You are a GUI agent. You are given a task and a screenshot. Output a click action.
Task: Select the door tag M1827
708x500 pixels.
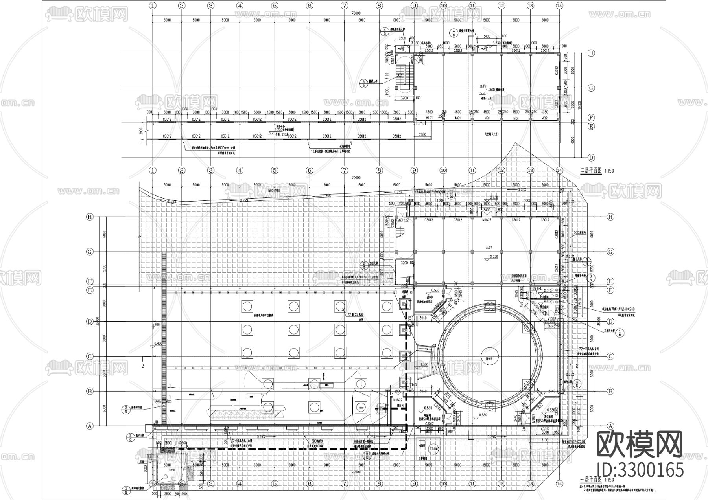pyautogui.click(x=487, y=220)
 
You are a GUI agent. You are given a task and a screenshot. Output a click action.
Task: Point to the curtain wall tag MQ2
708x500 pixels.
pyautogui.click(x=544, y=118)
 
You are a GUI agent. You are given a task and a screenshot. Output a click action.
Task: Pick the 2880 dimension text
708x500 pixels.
pyautogui.click(x=422, y=135)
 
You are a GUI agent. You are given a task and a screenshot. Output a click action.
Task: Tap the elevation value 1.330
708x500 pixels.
pyautogui.click(x=424, y=365)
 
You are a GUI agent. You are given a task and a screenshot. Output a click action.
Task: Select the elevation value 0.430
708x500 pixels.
pyautogui.click(x=158, y=343)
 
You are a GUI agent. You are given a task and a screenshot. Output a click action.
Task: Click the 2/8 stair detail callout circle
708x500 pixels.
pyautogui.click(x=363, y=83)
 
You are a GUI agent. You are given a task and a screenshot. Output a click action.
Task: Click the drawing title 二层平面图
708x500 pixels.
pyautogui.click(x=591, y=171)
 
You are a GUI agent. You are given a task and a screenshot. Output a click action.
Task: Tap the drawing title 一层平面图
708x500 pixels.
pyautogui.click(x=591, y=480)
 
